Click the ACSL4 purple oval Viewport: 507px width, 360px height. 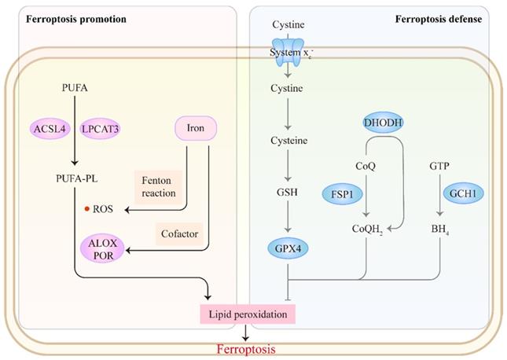49,127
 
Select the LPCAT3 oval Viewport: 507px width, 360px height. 100,127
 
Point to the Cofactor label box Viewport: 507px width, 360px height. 180,234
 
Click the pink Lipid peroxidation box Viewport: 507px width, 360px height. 247,314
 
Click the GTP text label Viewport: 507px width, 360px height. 439,167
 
